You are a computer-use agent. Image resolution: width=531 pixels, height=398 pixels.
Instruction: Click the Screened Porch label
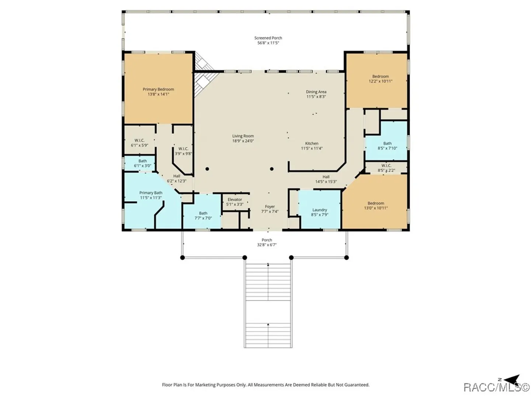[268, 38]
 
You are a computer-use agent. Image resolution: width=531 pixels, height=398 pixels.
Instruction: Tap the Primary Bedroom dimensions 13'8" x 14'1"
[158, 94]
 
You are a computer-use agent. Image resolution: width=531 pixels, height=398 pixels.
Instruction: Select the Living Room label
[243, 136]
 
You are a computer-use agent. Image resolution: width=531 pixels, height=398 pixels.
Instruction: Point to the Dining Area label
[316, 92]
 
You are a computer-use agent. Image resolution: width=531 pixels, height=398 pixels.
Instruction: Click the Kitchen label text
[312, 143]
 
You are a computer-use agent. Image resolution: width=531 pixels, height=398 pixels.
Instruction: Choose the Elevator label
[235, 200]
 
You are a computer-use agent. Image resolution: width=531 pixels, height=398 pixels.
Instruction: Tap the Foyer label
[270, 207]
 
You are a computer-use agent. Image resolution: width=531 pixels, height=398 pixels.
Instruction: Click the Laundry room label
[320, 210]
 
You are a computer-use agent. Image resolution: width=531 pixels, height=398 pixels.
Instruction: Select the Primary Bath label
[151, 193]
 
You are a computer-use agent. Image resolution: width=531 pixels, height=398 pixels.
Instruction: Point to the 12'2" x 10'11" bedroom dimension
[380, 81]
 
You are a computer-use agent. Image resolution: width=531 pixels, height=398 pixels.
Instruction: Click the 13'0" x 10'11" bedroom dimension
[376, 208]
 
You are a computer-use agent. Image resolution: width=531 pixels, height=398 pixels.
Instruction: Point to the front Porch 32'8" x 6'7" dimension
[267, 245]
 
